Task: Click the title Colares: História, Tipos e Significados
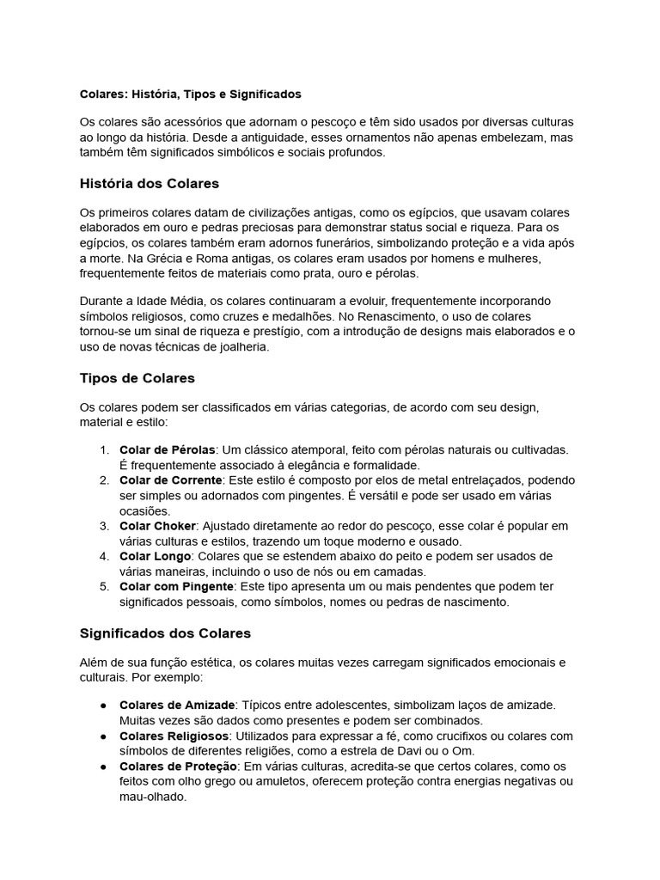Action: tap(190, 93)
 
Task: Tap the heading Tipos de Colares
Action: tap(137, 377)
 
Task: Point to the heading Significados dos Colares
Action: tap(165, 633)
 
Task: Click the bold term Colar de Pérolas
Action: tap(168, 449)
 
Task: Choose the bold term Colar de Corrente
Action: tap(171, 480)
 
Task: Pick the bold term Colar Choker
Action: tap(158, 525)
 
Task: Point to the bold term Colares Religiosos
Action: tap(174, 736)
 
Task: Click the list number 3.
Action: tap(103, 525)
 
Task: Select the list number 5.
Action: tap(103, 587)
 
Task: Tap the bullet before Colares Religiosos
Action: tap(103, 736)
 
